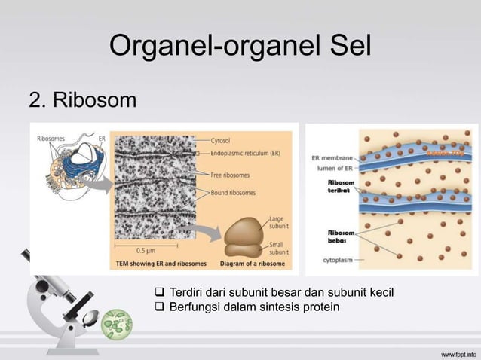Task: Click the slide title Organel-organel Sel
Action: pyautogui.click(x=240, y=46)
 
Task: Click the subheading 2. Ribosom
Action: pyautogui.click(x=83, y=99)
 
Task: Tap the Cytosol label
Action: pyautogui.click(x=221, y=140)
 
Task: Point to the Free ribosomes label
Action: pyautogui.click(x=231, y=175)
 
